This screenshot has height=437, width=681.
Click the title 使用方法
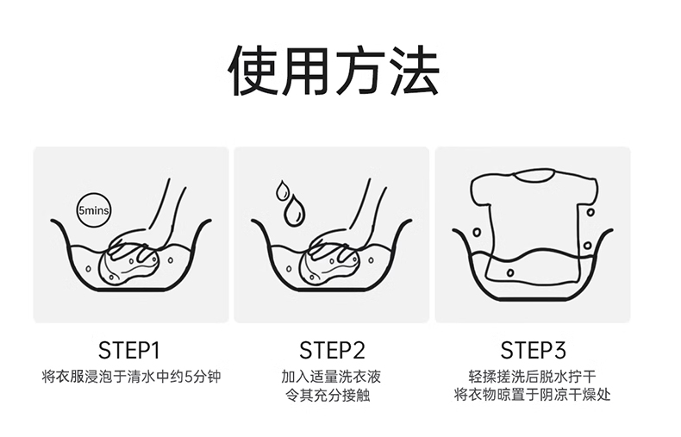coord(334,70)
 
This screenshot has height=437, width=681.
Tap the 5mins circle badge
coord(93,210)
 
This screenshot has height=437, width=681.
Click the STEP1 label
coord(129,350)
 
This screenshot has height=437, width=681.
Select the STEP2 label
coord(332,350)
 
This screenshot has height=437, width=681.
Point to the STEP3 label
coord(534,350)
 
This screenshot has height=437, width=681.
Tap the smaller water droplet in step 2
coord(282,190)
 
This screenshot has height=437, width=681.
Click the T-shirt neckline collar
coord(534,175)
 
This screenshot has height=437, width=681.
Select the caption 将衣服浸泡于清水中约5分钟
coord(131,376)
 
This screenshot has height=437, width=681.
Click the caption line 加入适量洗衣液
coord(331,376)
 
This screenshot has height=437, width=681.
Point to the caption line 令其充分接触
coord(328,396)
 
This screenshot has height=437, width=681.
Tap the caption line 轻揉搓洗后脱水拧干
coord(533,376)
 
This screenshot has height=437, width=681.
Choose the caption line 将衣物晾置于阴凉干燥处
coord(533,395)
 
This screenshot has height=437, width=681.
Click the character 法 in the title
coord(415,71)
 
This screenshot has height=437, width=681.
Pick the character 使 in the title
coord(253,71)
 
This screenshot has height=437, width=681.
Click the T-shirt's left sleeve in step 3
coord(481,190)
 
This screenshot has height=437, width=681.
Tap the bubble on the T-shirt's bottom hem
coord(510,272)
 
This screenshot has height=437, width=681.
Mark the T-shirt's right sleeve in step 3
coord(587,191)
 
